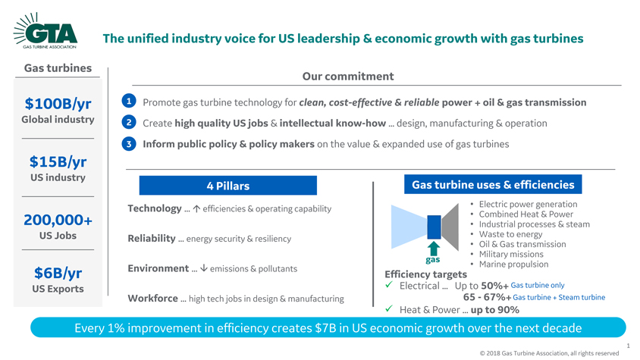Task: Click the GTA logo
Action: tap(45, 31)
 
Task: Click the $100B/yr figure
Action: tap(58, 104)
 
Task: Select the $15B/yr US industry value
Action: tap(58, 161)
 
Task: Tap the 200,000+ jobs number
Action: tap(58, 220)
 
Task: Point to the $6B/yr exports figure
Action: tap(58, 273)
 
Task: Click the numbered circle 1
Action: tap(129, 101)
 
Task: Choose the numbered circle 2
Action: tap(129, 122)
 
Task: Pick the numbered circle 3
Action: tap(129, 143)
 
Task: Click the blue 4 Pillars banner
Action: tap(227, 186)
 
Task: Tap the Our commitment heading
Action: tap(348, 77)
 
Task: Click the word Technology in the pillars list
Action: tap(154, 208)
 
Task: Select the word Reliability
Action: tap(152, 238)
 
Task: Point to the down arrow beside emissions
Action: tap(204, 268)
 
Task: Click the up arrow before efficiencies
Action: tap(196, 208)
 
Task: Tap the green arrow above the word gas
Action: tap(434, 249)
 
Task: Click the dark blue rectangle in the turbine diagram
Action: tap(434, 227)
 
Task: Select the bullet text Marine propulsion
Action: tap(513, 264)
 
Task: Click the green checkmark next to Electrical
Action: tap(389, 285)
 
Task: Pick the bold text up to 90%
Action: tap(494, 310)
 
